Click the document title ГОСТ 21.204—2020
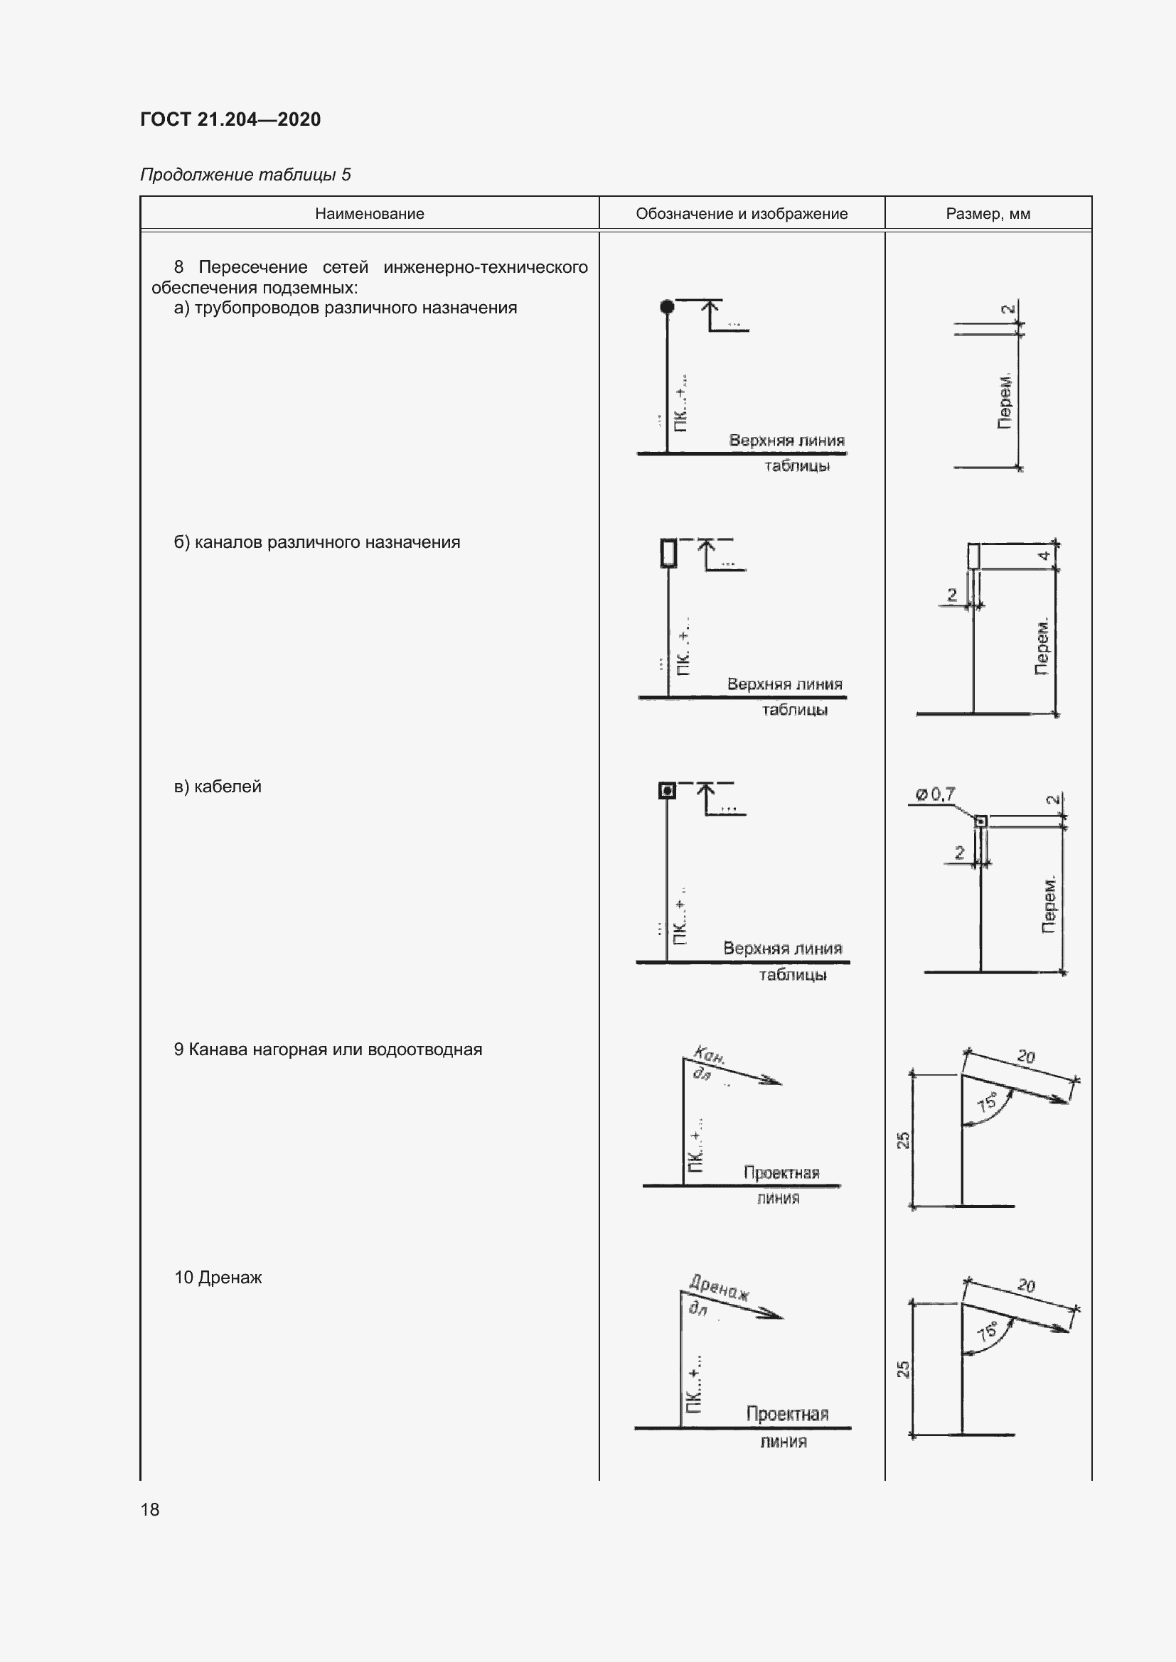pyautogui.click(x=230, y=119)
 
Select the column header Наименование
pyautogui.click(x=369, y=214)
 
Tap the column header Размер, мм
pyautogui.click(x=988, y=214)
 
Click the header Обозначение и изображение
pyautogui.click(x=742, y=214)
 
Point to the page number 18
pyautogui.click(x=150, y=1509)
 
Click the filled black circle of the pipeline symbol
pyautogui.click(x=667, y=307)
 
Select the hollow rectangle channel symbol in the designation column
pyautogui.click(x=668, y=553)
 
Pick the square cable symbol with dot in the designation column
pyautogui.click(x=667, y=790)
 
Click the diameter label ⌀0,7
pyautogui.click(x=935, y=794)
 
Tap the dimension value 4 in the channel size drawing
pyautogui.click(x=1044, y=556)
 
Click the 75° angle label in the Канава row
pyautogui.click(x=986, y=1103)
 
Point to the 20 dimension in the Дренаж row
pyautogui.click(x=1026, y=1285)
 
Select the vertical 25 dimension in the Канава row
pyautogui.click(x=903, y=1140)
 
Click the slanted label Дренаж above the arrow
pyautogui.click(x=719, y=1288)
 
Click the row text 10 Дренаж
pyautogui.click(x=218, y=1278)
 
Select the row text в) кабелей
pyautogui.click(x=218, y=787)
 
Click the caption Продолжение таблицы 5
pyautogui.click(x=245, y=175)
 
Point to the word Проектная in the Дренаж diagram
pyautogui.click(x=787, y=1414)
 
